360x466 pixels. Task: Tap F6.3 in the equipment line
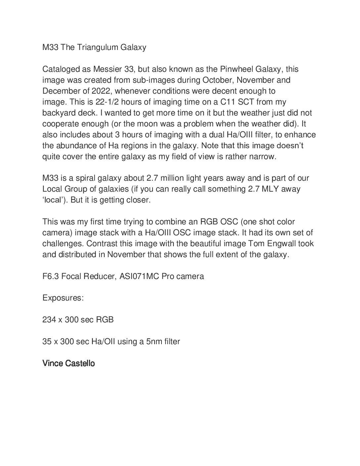[50, 276]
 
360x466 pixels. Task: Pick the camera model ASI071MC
[139, 276]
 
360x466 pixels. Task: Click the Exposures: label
[63, 298]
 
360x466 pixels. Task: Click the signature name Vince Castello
[69, 363]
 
